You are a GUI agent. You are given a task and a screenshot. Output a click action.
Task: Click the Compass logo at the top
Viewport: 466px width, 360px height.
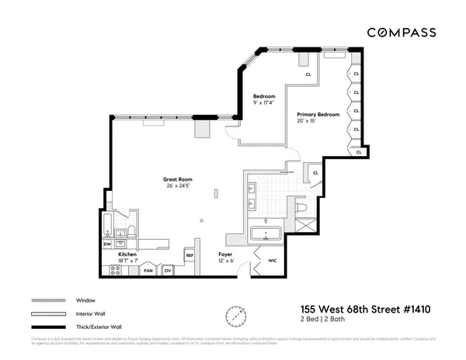tap(402, 33)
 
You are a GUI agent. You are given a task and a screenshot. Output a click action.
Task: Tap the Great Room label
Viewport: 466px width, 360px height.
tap(178, 179)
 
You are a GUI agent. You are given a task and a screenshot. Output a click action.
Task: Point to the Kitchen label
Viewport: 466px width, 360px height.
tap(128, 254)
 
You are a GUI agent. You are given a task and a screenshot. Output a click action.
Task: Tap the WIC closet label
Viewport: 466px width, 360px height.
tap(273, 261)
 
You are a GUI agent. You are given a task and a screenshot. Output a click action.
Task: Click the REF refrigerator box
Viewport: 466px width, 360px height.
tap(189, 254)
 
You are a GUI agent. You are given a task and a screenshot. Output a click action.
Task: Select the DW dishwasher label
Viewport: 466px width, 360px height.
tap(108, 244)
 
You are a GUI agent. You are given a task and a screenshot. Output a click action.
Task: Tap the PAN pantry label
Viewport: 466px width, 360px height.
tap(147, 271)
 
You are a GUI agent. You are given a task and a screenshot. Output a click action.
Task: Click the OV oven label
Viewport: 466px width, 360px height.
tap(166, 271)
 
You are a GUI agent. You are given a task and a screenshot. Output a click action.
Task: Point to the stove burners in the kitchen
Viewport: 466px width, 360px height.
tap(116, 270)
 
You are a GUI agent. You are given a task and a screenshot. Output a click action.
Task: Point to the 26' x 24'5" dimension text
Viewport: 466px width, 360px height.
tap(179, 186)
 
